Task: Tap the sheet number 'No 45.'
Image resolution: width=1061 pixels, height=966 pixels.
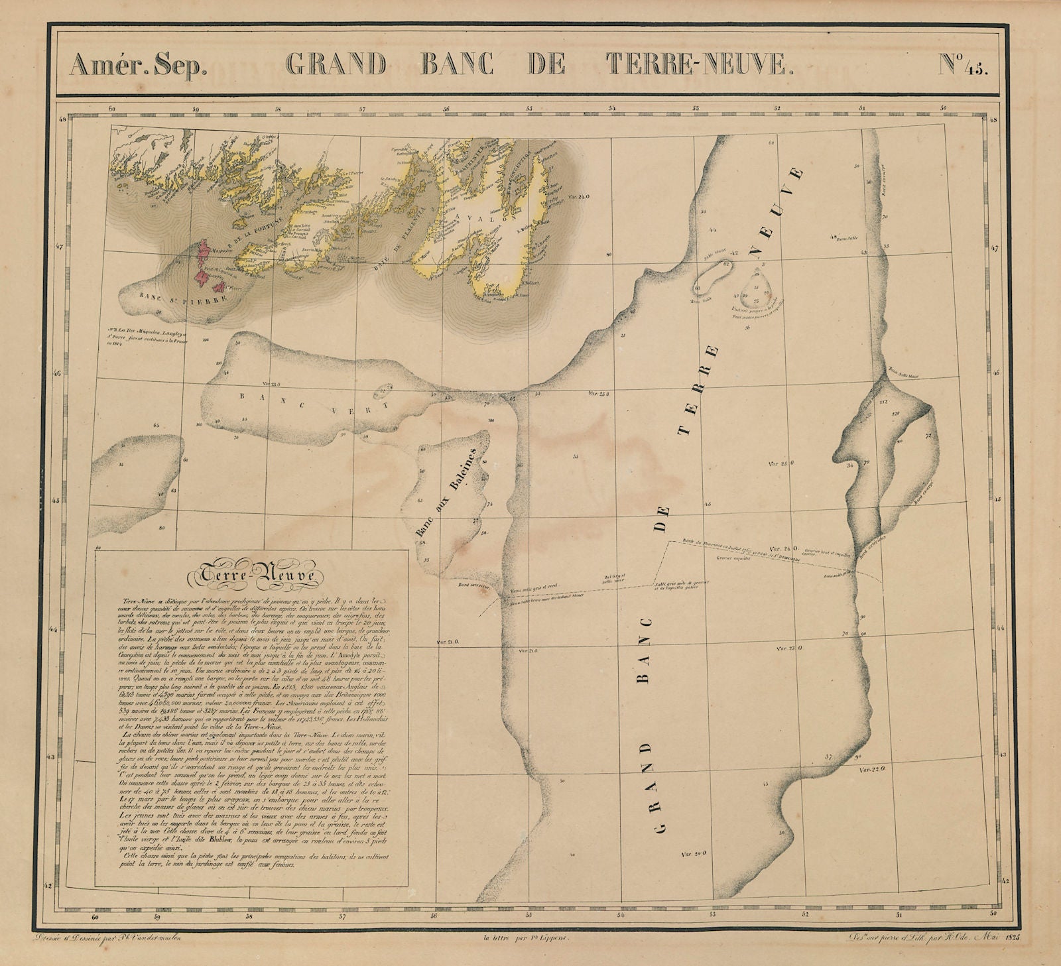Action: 963,66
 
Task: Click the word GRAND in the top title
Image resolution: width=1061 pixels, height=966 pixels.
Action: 336,66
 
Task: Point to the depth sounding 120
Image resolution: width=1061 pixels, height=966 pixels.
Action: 897,412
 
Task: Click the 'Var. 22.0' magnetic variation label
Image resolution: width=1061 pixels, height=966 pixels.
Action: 873,769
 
